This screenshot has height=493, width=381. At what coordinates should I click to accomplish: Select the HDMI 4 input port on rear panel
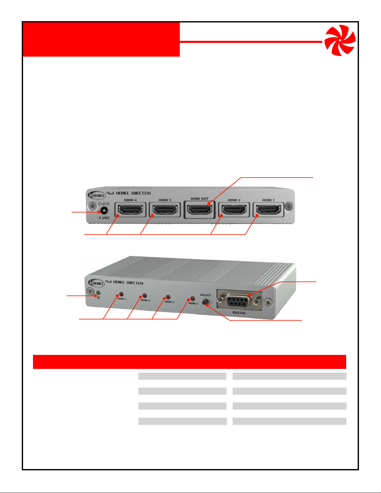pyautogui.click(x=131, y=210)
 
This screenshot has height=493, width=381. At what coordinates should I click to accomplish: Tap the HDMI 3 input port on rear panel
pyautogui.click(x=165, y=210)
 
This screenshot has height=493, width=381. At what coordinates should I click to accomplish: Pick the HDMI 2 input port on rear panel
pyautogui.click(x=234, y=210)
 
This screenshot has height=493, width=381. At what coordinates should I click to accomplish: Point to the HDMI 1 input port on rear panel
pyautogui.click(x=268, y=210)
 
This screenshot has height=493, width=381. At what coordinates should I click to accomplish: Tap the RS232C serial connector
pyautogui.click(x=239, y=301)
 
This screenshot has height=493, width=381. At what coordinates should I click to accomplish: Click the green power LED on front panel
pyautogui.click(x=98, y=293)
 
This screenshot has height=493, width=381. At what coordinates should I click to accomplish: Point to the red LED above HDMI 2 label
pyautogui.click(x=145, y=295)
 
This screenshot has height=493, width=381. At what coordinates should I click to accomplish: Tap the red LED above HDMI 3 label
pyautogui.click(x=168, y=297)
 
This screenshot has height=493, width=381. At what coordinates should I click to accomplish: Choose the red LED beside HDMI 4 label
pyautogui.click(x=193, y=299)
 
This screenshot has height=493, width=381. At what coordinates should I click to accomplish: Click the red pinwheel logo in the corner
pyautogui.click(x=340, y=40)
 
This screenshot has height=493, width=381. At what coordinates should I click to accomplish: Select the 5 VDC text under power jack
pyautogui.click(x=104, y=218)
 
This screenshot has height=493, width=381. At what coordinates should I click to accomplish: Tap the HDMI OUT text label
pyautogui.click(x=199, y=199)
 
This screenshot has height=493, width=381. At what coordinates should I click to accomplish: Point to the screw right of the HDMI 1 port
pyautogui.click(x=289, y=206)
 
